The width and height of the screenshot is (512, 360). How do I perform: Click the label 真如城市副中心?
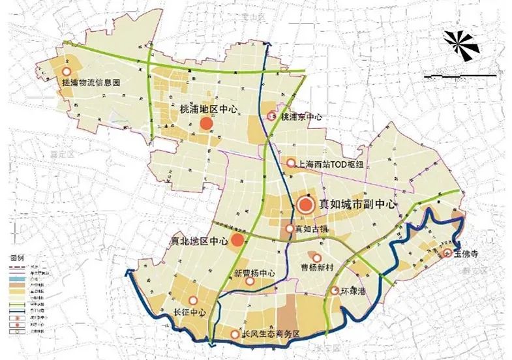[x=359, y=205]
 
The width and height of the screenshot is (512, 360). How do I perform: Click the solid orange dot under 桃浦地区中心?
[x=207, y=123]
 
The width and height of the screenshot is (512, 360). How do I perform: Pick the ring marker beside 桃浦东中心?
[x=273, y=117]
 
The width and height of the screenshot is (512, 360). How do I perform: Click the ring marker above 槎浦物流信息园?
[x=66, y=72]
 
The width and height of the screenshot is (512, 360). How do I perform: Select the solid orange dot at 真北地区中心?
[x=238, y=241]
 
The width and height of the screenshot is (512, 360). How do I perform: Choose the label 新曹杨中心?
[x=254, y=273]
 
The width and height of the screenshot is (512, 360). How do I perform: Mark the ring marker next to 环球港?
[x=335, y=291]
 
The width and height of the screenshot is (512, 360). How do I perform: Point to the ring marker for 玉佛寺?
[x=447, y=253]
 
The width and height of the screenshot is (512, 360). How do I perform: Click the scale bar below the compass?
[x=460, y=76]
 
